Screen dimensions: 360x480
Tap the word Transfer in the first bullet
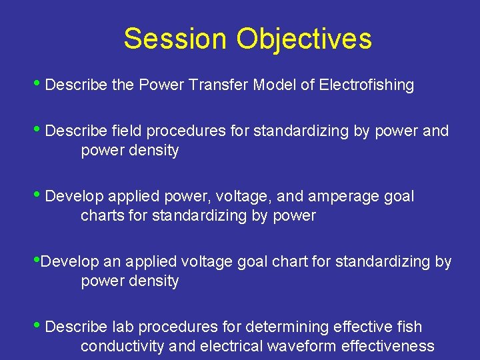point(221,85)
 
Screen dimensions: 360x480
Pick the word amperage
point(343,197)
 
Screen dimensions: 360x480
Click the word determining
point(293,327)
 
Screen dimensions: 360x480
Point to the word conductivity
point(123,347)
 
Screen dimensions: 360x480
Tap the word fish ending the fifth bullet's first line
point(409,327)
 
